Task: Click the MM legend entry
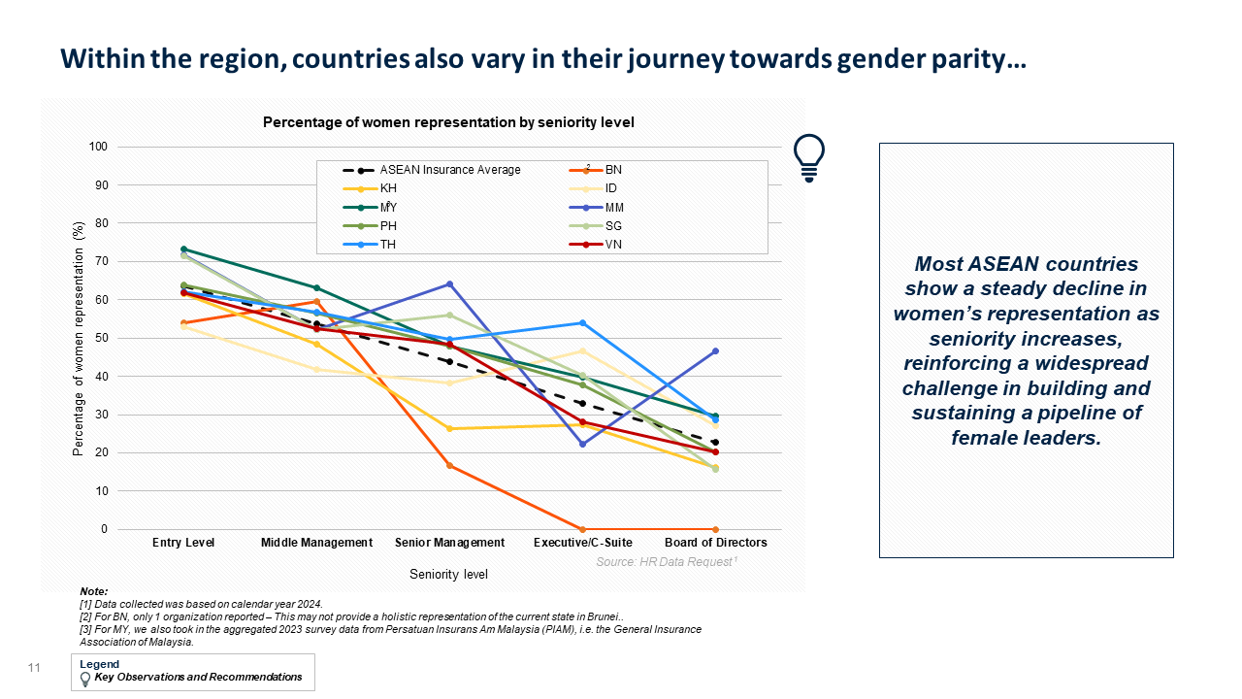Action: tap(596, 208)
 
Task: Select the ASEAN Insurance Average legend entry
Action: tap(432, 170)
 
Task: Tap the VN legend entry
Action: tap(596, 245)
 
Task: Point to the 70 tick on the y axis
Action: tap(101, 261)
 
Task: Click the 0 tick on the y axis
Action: tap(104, 529)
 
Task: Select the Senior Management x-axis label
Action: tap(449, 543)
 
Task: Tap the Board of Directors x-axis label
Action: tap(716, 543)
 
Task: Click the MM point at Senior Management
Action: tap(449, 284)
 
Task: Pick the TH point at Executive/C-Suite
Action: tap(583, 323)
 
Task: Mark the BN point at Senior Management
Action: tap(449, 465)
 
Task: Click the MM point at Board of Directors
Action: tap(715, 351)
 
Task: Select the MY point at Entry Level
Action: tap(183, 250)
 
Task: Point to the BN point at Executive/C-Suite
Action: tap(583, 529)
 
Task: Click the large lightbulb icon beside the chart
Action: tap(809, 158)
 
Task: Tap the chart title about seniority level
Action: tap(448, 122)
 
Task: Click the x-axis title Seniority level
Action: tap(448, 574)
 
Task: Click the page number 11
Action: tap(34, 668)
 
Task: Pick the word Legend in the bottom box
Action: tap(99, 664)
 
